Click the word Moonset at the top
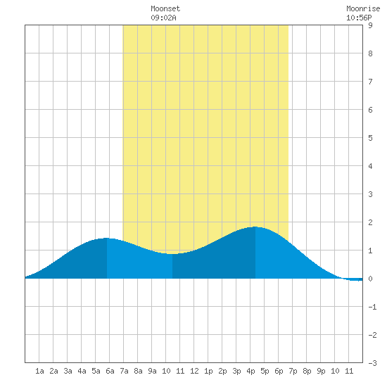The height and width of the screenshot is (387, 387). coord(165,8)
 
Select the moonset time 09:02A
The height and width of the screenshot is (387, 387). coord(163,18)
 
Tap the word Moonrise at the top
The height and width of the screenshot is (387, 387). coord(363,8)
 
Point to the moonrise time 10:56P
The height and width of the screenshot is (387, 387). coord(359,18)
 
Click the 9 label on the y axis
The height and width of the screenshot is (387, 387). coord(370,25)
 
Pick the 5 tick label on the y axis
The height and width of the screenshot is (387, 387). coord(370,138)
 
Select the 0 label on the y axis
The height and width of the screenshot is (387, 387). coord(370,279)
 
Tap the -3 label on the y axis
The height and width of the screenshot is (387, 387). coord(372,363)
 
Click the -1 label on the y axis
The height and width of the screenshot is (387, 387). coord(372,307)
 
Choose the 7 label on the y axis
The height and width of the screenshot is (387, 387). coord(370,82)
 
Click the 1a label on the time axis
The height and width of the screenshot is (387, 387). coord(39,371)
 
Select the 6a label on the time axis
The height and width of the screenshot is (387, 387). coord(110,371)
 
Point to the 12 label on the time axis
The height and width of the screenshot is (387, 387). coord(194,371)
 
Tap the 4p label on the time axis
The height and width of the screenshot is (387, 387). coord(250,371)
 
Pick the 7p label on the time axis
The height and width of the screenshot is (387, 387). coord(293,371)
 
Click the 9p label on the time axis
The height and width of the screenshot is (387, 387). coord(321,371)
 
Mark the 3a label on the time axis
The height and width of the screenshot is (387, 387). coord(68,371)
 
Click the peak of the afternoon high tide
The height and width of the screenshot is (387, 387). coord(255,227)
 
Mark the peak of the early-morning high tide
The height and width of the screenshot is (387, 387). coord(107,238)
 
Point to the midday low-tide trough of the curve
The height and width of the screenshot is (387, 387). coord(172,254)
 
